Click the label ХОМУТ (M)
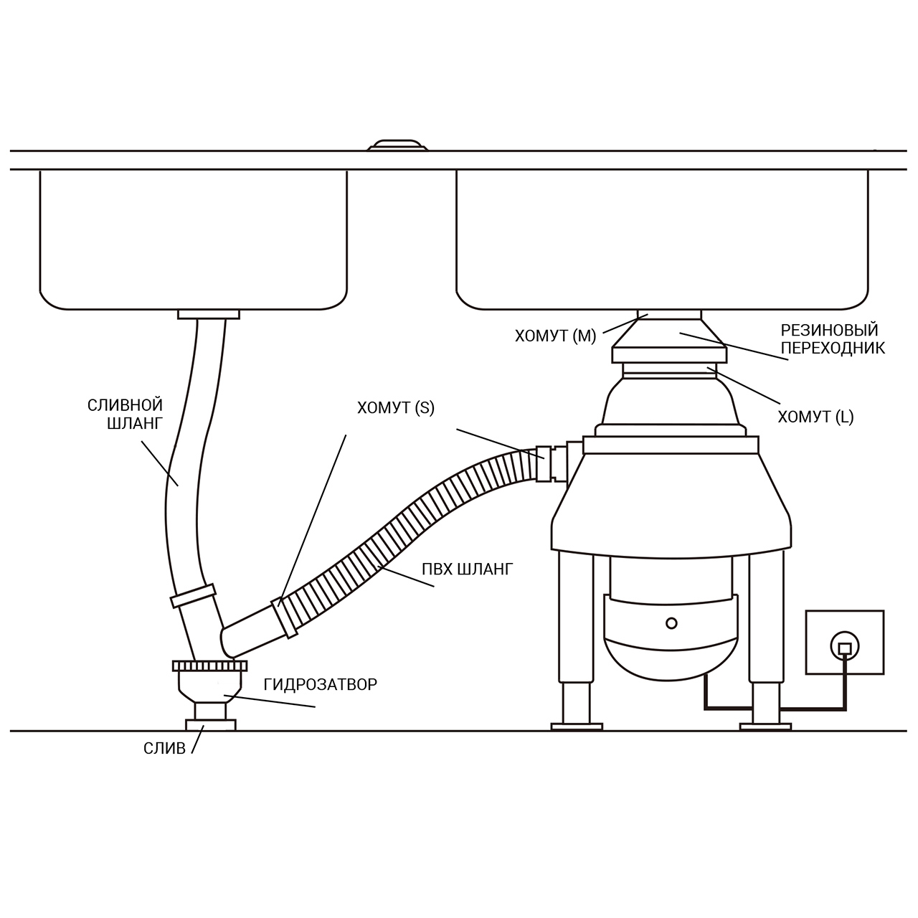tap(556, 336)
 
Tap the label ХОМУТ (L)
tap(815, 417)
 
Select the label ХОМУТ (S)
tap(396, 408)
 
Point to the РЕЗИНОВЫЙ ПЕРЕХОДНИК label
tap(833, 339)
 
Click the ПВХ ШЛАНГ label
tap(468, 569)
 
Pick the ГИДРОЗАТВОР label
tap(321, 684)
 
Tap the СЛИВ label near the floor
tap(164, 749)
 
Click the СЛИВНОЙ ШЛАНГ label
tap(126, 414)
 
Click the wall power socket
tap(845, 642)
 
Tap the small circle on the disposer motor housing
tap(671, 623)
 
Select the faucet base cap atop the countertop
tap(397, 145)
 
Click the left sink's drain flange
tap(209, 314)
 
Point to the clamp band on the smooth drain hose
tap(194, 595)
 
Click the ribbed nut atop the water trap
tap(209, 666)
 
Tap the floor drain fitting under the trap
tap(211, 725)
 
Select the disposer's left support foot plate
tap(577, 727)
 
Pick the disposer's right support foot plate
tap(765, 727)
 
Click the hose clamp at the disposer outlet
tap(544, 464)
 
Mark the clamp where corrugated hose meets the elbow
tap(285, 617)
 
